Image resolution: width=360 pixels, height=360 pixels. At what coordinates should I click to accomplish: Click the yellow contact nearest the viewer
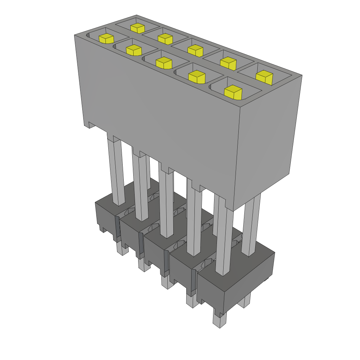(x=233, y=92)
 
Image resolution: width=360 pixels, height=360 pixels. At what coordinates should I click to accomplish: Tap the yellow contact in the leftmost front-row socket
(x=106, y=38)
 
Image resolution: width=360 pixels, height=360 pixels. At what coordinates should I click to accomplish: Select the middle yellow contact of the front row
(x=163, y=63)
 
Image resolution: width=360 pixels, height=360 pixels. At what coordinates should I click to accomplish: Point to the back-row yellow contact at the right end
(x=264, y=77)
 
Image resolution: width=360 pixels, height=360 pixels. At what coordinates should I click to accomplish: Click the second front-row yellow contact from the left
(x=134, y=50)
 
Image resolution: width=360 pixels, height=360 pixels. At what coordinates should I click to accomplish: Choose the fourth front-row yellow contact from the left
(x=197, y=77)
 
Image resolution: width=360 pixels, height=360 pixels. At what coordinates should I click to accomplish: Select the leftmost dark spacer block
(x=105, y=214)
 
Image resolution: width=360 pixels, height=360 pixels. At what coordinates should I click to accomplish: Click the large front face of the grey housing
(x=158, y=123)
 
